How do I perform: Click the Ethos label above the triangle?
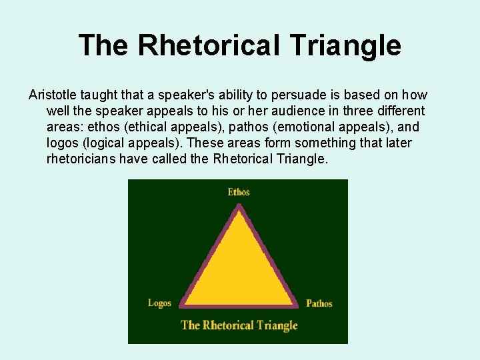[238, 192]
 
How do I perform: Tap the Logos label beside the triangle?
[159, 303]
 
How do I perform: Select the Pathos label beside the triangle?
[319, 303]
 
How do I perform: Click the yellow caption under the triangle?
[239, 325]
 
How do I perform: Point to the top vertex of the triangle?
[239, 207]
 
